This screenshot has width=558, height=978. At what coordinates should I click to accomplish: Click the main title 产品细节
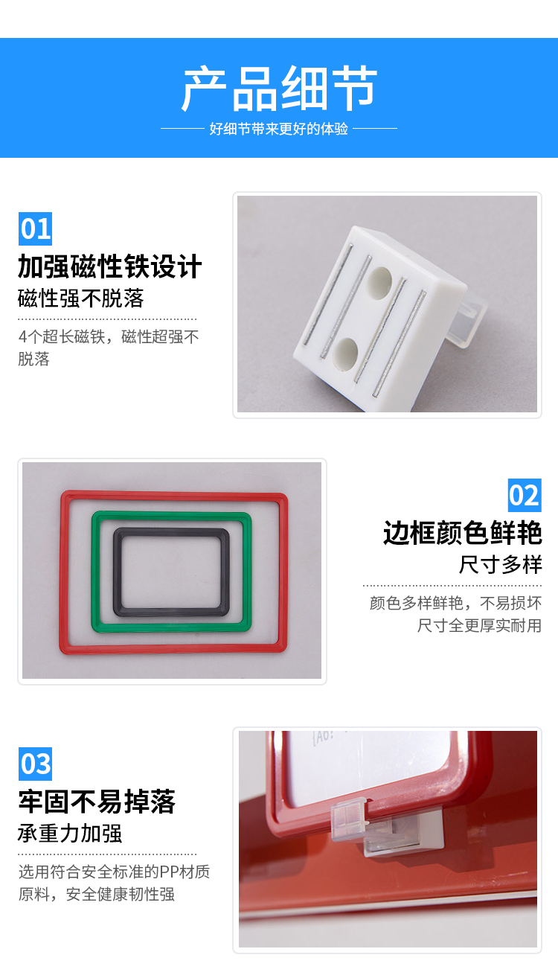tap(279, 88)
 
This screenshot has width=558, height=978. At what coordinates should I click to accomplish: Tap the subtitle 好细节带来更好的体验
tap(279, 129)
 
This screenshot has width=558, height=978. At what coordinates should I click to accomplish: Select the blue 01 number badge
tap(35, 228)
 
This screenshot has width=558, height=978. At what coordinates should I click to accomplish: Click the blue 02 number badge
tap(525, 495)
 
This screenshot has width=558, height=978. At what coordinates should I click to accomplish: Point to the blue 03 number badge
tap(35, 764)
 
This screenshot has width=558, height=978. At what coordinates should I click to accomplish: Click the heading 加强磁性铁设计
tap(109, 266)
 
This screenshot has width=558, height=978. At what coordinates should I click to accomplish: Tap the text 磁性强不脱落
tap(80, 298)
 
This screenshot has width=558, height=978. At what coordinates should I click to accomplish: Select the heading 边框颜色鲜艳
tap(463, 533)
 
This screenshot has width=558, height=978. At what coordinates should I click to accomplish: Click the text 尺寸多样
tap(501, 564)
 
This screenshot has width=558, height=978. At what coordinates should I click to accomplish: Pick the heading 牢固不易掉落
tap(97, 802)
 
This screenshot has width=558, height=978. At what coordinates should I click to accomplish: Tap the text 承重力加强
tap(70, 833)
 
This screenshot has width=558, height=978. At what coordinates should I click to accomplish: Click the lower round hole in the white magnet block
tap(345, 352)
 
